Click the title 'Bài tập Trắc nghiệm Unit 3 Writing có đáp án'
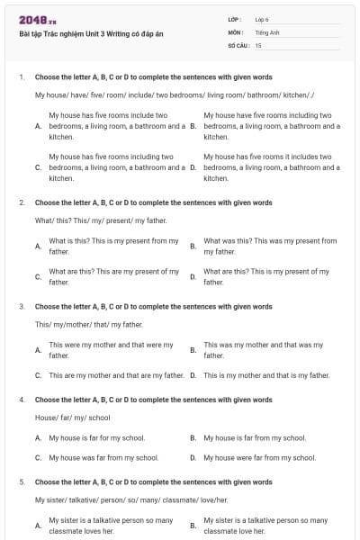click(91, 34)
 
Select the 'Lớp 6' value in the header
click(262, 19)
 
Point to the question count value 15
click(258, 44)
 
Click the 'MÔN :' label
click(236, 31)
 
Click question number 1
click(22, 77)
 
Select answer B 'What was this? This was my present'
click(270, 246)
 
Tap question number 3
click(22, 306)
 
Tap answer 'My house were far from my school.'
click(259, 457)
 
